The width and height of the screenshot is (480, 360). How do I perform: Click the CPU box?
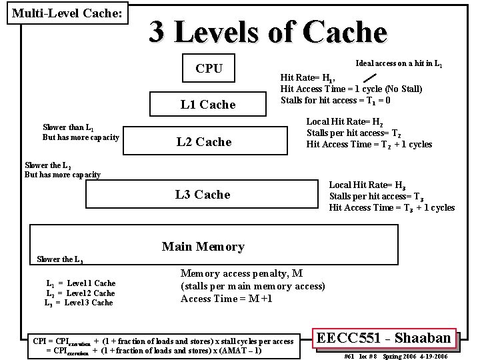click(x=209, y=68)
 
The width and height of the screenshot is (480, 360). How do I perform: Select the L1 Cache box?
click(x=208, y=104)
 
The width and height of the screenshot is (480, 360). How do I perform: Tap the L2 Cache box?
click(x=203, y=141)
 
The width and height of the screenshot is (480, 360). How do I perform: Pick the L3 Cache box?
click(x=203, y=194)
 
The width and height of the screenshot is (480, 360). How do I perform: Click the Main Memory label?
click(x=203, y=247)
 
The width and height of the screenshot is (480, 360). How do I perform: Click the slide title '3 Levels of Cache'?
click(x=267, y=31)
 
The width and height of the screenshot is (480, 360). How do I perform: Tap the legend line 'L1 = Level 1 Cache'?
click(x=80, y=283)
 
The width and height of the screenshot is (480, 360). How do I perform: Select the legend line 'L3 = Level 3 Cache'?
click(x=79, y=303)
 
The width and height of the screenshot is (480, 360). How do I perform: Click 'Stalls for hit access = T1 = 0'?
click(x=335, y=101)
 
